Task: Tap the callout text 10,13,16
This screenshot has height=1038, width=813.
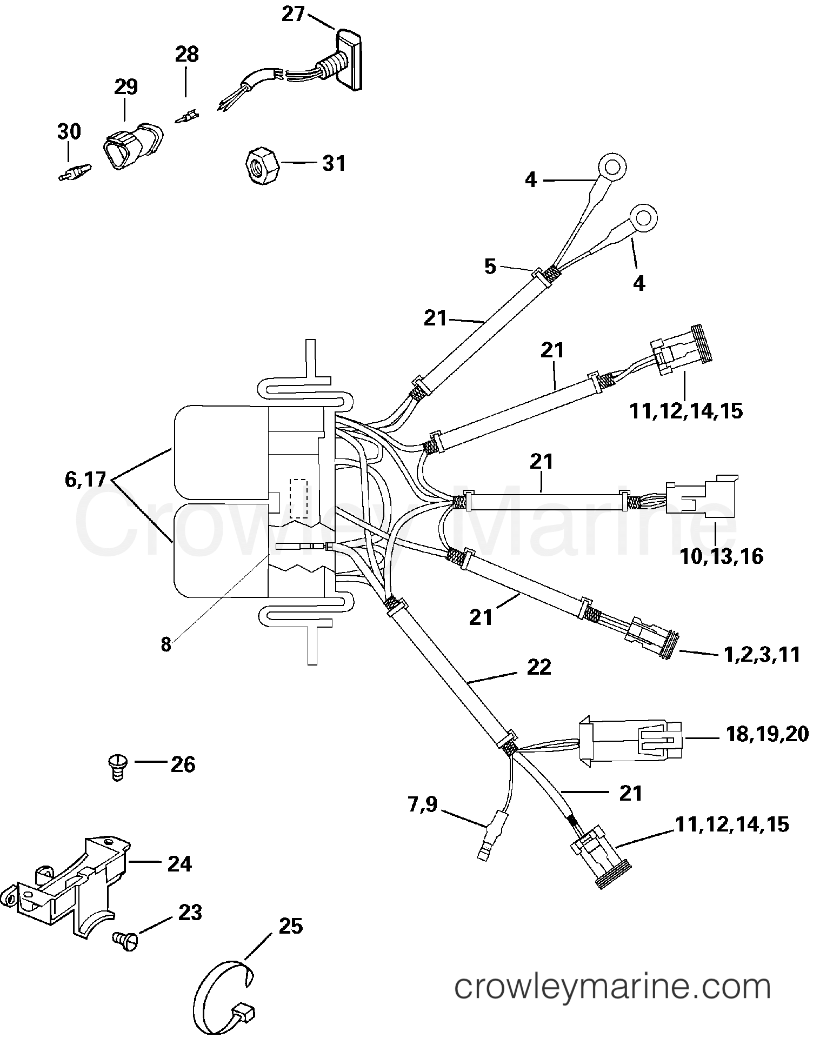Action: pyautogui.click(x=722, y=556)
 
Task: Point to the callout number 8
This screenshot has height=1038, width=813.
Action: pyautogui.click(x=165, y=644)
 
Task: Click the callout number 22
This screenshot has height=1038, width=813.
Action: pyautogui.click(x=538, y=667)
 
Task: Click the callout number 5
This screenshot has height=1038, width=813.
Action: pyautogui.click(x=490, y=267)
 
